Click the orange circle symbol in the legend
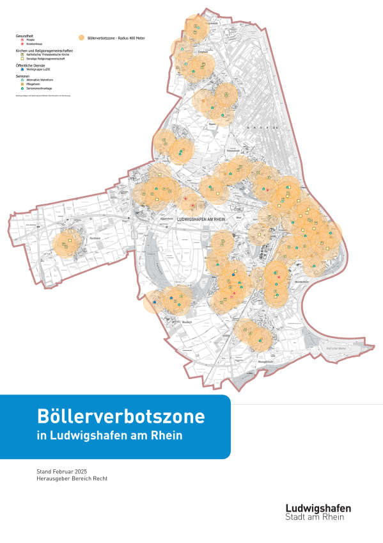81,38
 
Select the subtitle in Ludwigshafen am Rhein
109,436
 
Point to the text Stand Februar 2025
64,472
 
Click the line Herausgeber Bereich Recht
72,480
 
